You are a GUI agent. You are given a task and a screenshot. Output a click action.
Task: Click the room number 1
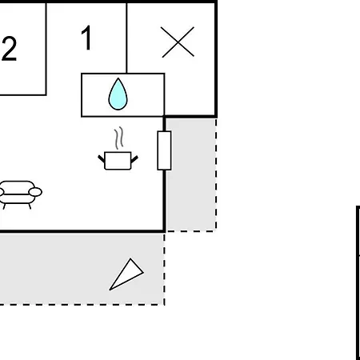click(87, 38)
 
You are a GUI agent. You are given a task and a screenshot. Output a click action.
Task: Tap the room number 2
click(10, 49)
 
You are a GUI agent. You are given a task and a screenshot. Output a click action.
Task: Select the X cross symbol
click(178, 42)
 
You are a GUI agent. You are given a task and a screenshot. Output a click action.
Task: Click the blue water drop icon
click(118, 94)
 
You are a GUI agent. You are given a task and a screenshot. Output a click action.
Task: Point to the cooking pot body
click(118, 161)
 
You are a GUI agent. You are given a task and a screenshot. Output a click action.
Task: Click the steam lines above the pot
click(119, 138)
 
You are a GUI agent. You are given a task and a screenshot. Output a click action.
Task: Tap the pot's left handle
click(102, 159)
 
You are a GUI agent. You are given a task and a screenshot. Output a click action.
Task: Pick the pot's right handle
click(134, 159)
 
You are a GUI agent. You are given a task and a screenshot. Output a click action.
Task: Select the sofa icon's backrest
click(18, 186)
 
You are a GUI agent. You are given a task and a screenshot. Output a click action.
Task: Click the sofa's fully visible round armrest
click(35, 192)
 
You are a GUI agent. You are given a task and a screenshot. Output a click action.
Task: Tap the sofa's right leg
click(30, 206)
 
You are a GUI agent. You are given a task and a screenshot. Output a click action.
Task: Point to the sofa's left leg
click(4, 206)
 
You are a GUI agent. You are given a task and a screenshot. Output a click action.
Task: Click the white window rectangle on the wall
click(164, 150)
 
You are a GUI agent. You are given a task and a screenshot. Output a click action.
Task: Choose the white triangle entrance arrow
click(126, 274)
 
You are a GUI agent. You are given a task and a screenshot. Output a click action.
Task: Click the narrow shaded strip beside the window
click(190, 174)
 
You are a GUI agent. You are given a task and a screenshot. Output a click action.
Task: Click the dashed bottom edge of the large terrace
click(82, 304)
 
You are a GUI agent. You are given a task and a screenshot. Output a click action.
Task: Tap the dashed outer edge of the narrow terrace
click(216, 174)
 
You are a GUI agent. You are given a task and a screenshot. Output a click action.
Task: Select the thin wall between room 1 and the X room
click(126, 38)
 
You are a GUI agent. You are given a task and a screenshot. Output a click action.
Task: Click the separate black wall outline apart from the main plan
click(358, 282)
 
